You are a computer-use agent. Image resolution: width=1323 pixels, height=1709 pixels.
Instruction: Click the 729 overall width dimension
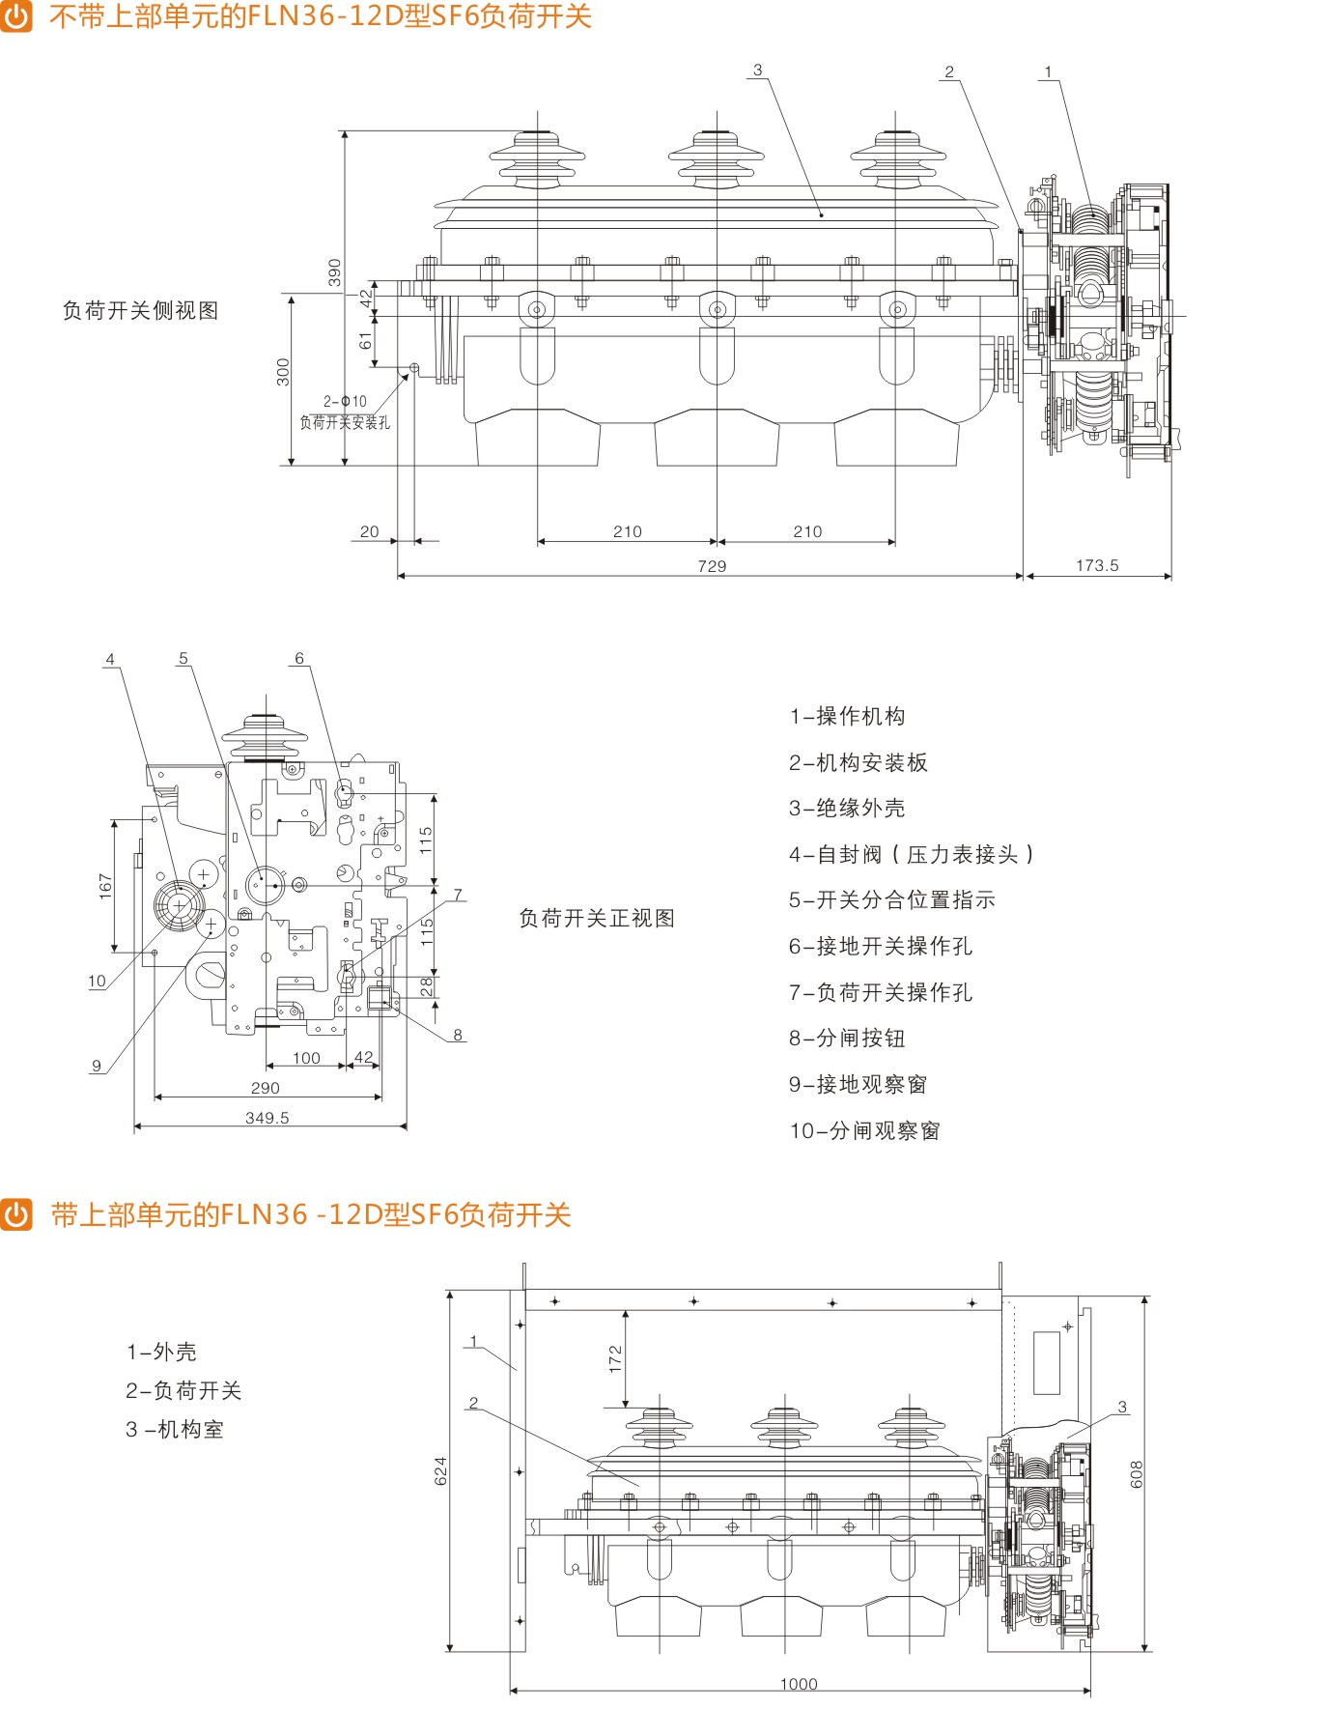pos(712,566)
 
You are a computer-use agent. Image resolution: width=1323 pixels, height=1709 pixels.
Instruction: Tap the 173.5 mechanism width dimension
pos(1097,565)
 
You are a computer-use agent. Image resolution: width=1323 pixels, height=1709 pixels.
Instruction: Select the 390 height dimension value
pos(334,271)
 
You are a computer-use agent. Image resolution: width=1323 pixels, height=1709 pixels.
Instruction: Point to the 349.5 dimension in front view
pos(267,1118)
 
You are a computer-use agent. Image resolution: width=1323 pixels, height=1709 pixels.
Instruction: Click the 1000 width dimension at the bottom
pos(799,1684)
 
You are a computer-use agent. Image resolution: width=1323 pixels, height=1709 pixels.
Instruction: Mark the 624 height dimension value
pos(440,1470)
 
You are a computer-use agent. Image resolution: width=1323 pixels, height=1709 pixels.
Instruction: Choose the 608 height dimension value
pos(1136,1473)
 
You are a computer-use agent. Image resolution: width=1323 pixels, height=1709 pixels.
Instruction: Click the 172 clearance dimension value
pos(615,1358)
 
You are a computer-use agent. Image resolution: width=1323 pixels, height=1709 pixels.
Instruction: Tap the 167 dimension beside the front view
pos(105,886)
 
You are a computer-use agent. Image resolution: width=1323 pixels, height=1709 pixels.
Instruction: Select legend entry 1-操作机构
pos(847,716)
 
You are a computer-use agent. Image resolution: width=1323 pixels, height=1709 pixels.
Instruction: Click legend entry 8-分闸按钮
pos(847,1039)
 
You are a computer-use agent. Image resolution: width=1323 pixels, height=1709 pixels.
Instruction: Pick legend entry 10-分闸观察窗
pos(864,1130)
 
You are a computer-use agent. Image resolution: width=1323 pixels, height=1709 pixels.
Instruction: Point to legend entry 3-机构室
pos(175,1430)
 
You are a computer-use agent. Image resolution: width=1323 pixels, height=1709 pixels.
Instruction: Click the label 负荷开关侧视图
pos(141,310)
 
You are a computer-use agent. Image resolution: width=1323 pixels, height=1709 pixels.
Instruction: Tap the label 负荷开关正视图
pos(597,918)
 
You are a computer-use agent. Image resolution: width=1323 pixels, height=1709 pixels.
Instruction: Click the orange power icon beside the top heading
pos(16,15)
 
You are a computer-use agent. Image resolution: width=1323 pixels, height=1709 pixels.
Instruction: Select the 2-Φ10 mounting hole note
pos(345,401)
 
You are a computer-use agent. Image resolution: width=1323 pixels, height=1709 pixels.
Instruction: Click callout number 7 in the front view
pos(458,895)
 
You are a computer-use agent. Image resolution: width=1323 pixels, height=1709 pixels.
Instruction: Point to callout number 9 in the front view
pos(97,1066)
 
